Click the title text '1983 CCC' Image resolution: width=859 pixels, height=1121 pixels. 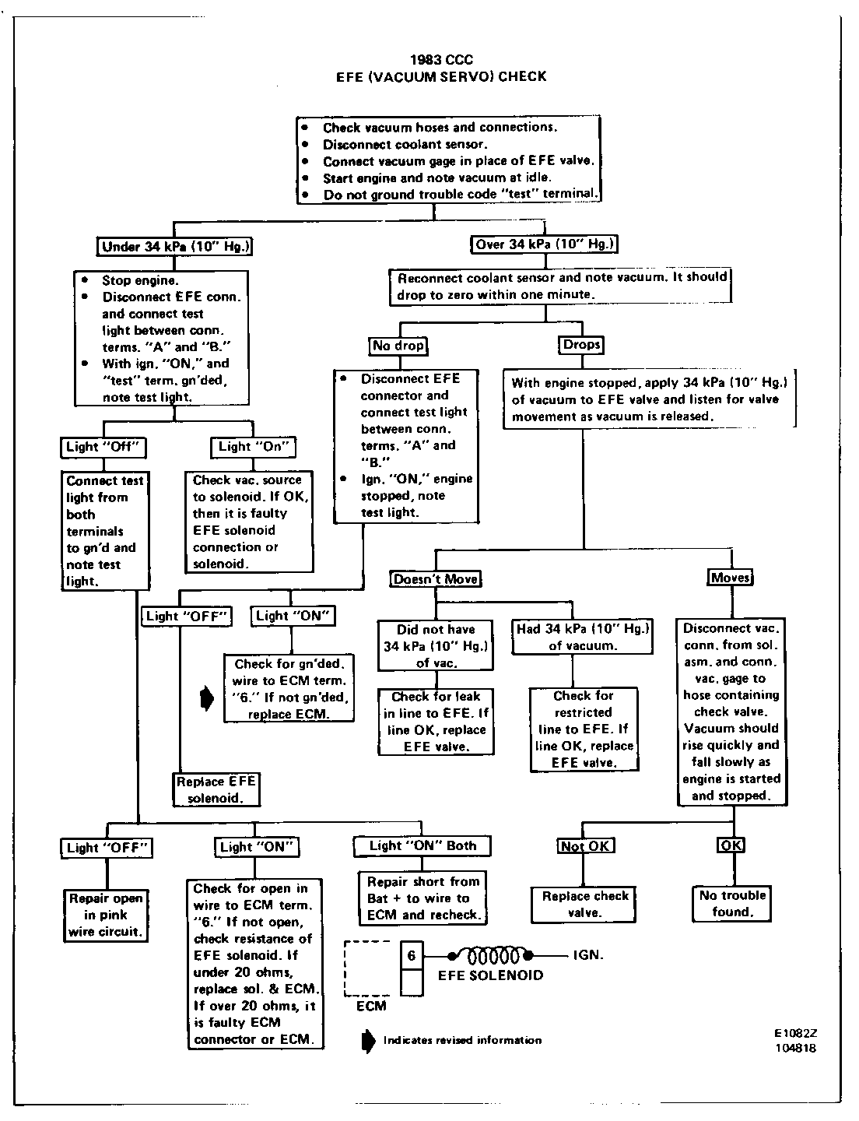(440, 60)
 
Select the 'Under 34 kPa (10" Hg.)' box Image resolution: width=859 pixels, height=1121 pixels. (177, 247)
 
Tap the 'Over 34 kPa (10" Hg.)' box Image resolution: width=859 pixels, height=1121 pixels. (545, 244)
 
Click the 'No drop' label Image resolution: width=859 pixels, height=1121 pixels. (398, 345)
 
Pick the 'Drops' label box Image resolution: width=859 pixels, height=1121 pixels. (581, 344)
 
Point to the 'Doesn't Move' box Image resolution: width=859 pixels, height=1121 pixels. (435, 579)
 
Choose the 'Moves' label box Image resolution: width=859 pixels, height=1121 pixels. (730, 578)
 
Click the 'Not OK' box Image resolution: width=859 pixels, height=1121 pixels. (586, 846)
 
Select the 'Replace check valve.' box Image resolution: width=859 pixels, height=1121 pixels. (585, 904)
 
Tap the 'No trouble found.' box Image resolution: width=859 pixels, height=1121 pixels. (732, 903)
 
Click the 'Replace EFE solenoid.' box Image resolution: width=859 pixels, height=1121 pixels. (216, 789)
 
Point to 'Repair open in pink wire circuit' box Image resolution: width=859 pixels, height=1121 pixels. (106, 915)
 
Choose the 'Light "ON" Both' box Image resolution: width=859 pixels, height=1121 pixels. (422, 845)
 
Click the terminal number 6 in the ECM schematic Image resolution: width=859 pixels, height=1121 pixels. (412, 954)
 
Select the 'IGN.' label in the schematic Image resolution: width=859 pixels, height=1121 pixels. (588, 954)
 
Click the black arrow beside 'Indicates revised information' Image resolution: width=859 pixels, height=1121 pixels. (368, 1040)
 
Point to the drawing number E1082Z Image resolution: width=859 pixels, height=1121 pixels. (795, 1033)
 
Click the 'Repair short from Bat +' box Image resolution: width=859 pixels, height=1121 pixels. (423, 898)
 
